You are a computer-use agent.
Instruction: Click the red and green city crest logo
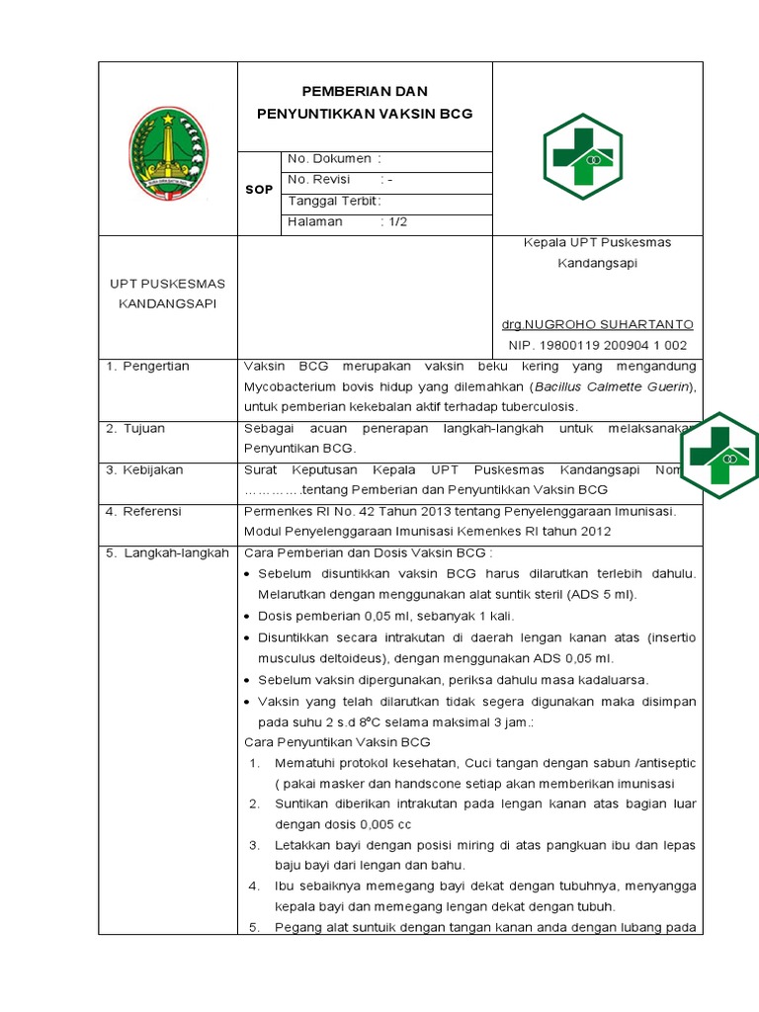coord(168,153)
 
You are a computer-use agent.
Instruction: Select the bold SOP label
coord(259,189)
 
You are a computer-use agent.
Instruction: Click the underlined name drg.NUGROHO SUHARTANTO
coord(598,324)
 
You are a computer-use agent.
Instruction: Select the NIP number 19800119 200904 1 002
coord(597,345)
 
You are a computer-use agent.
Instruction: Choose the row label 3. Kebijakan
coord(145,469)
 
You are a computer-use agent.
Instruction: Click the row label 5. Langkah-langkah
coord(167,552)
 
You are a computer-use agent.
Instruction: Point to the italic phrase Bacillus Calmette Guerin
coord(612,386)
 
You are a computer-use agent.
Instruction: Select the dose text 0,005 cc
coord(385,823)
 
